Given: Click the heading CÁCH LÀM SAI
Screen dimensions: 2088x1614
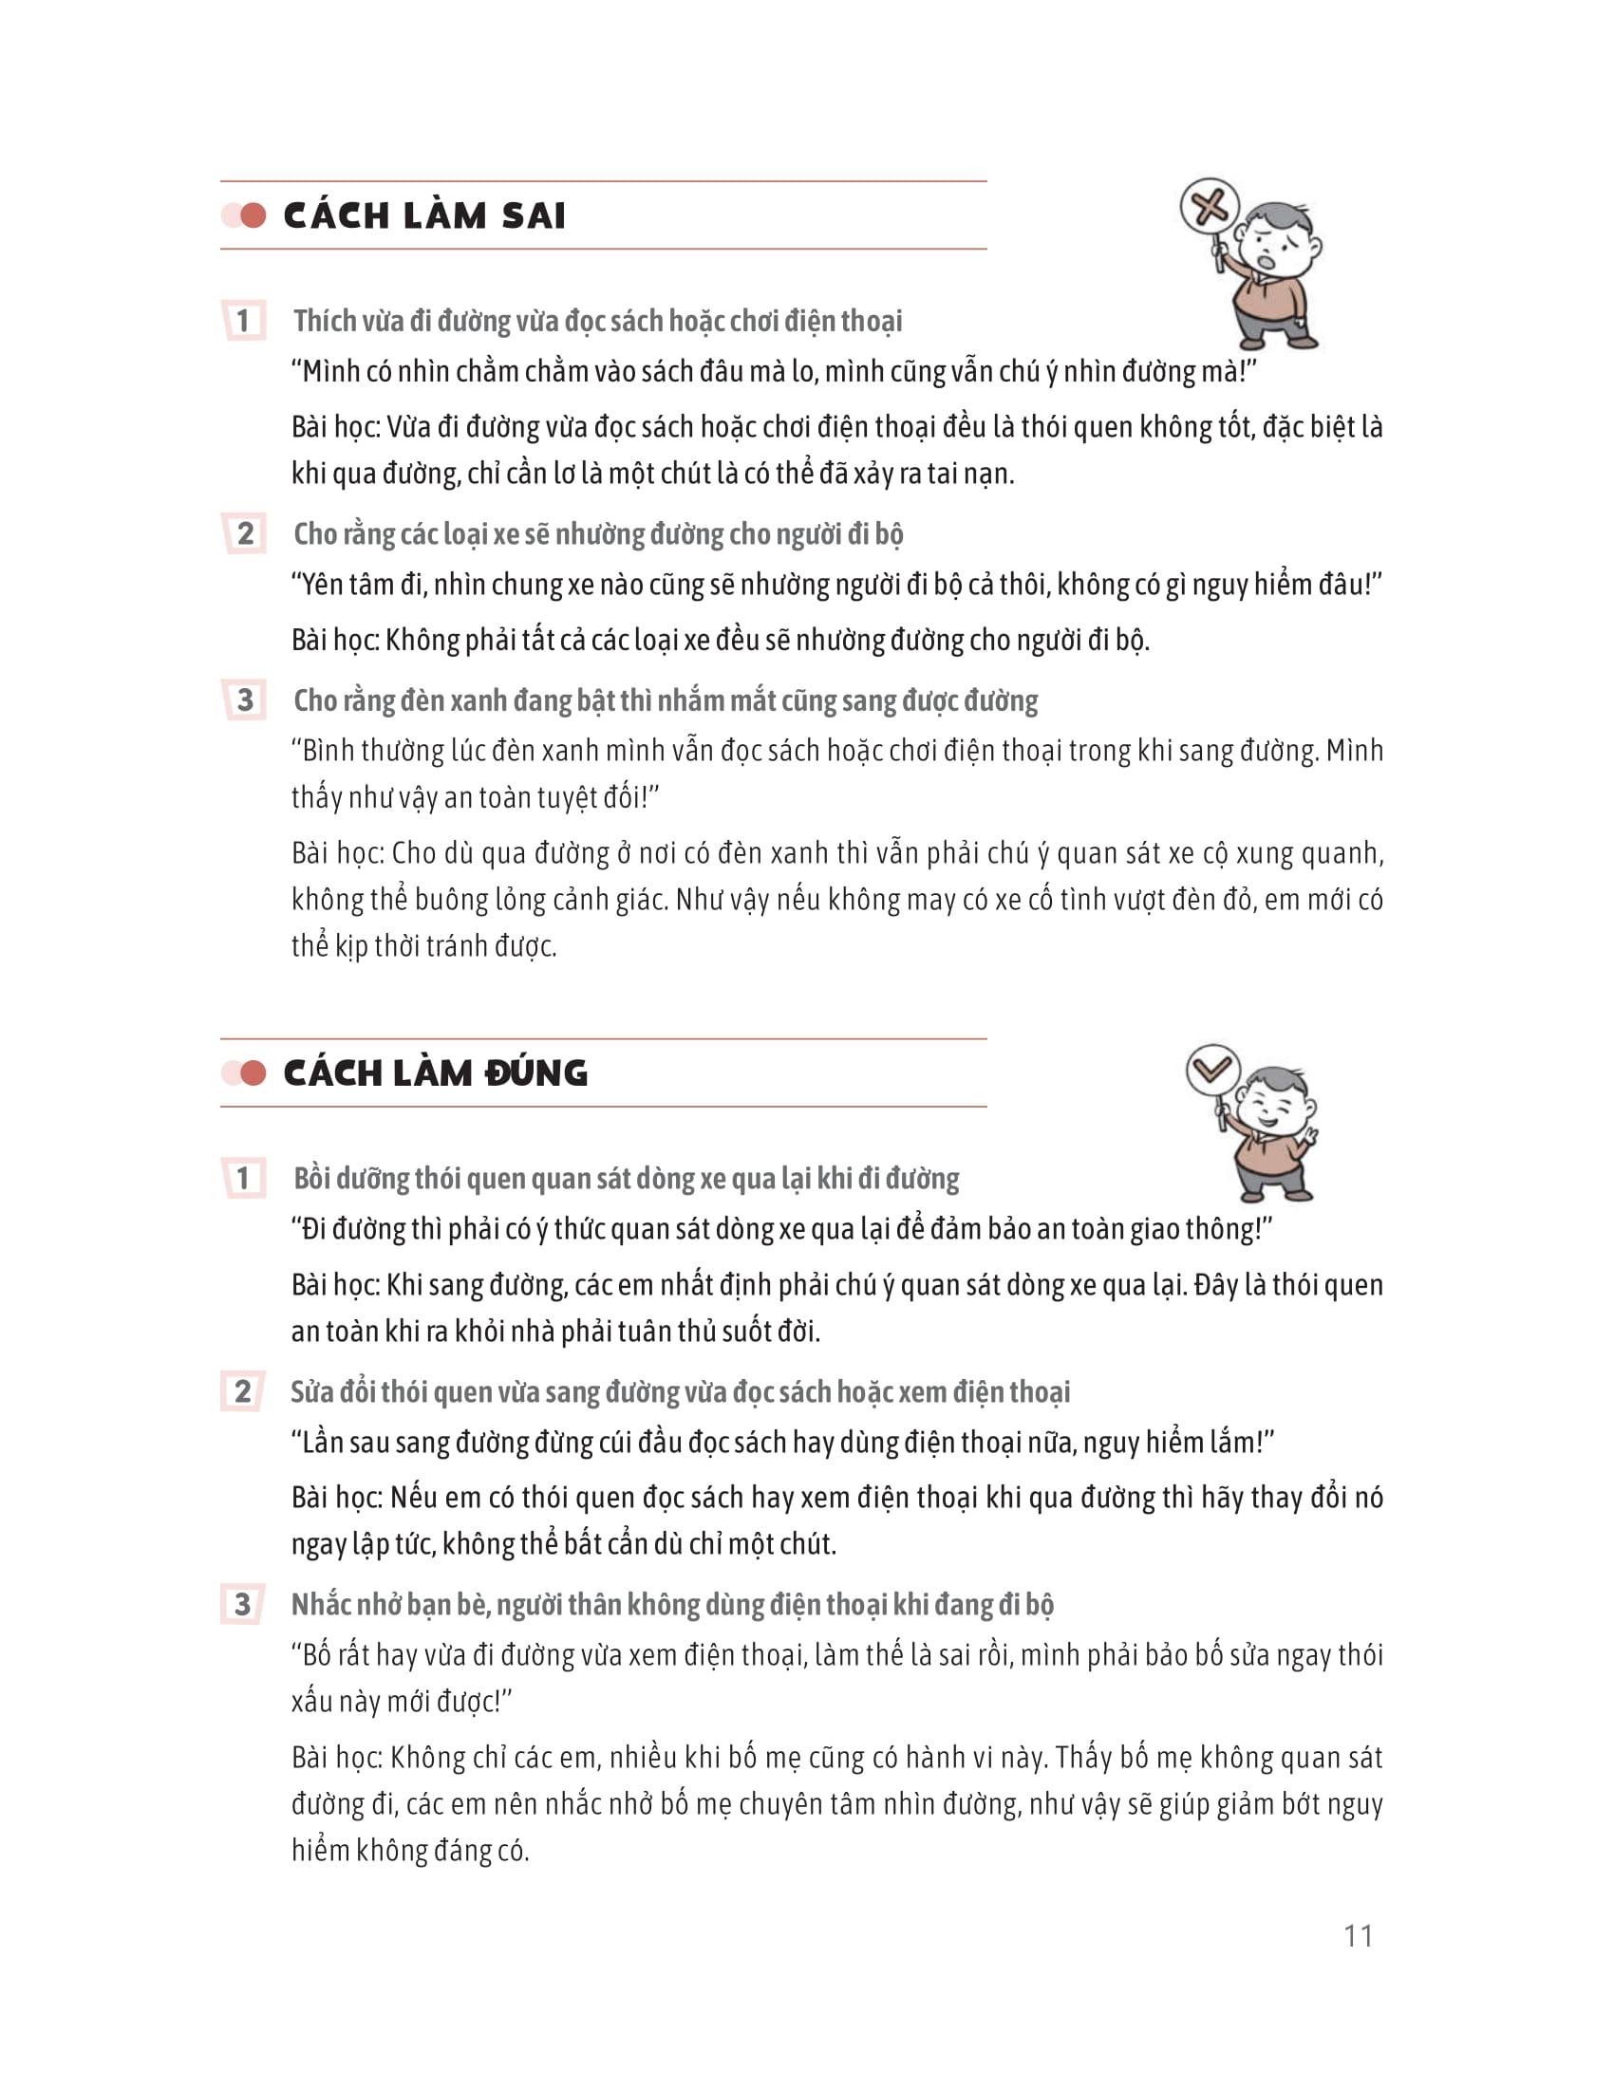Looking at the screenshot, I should point(423,216).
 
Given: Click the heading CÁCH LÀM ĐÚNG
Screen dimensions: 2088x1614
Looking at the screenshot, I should point(435,1073).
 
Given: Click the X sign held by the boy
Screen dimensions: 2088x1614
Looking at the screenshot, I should point(1210,206).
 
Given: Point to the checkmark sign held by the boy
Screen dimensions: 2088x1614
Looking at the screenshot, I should point(1213,1070).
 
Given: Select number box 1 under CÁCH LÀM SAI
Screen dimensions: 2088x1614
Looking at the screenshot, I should point(243,320).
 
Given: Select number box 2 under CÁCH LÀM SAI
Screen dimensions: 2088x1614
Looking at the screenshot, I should point(245,533).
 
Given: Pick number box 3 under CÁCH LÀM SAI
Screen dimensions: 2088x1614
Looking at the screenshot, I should point(245,699).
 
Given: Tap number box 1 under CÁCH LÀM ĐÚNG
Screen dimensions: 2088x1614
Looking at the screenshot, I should point(243,1178).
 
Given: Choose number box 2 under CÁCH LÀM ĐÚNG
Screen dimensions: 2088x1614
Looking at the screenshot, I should point(243,1391).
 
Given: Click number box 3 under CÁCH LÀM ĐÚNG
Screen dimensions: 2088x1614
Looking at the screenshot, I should point(243,1603).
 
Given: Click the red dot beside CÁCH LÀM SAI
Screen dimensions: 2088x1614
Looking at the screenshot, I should point(253,216).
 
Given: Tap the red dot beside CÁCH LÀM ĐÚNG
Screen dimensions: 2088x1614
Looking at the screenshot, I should point(253,1073).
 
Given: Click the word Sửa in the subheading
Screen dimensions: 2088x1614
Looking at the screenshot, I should point(312,1392).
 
